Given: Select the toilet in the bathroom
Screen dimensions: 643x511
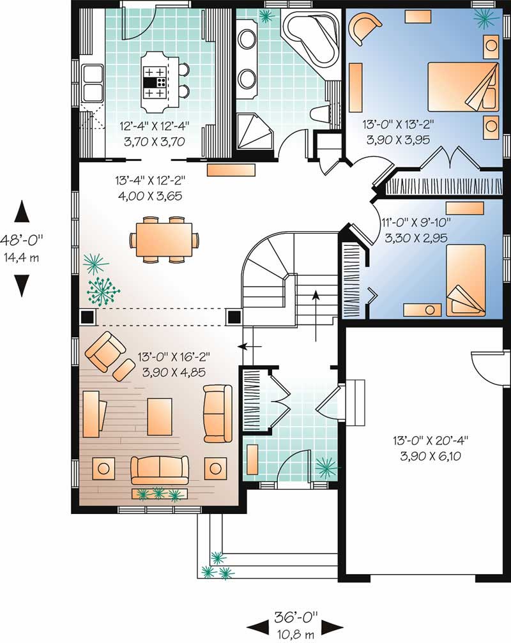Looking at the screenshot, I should [x=319, y=115].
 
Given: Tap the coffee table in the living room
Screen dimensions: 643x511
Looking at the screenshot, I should [x=160, y=416].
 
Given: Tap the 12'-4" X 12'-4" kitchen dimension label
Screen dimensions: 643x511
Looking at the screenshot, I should [x=154, y=132].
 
